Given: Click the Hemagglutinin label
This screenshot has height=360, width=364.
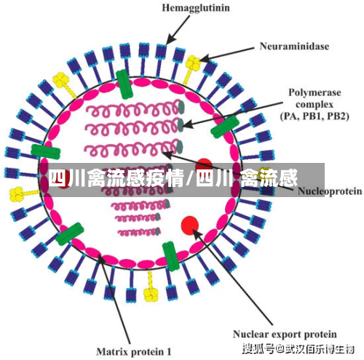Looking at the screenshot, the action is [196, 8].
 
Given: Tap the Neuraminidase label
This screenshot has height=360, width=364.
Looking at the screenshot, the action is [294, 46].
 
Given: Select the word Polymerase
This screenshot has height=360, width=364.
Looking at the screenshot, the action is [314, 92].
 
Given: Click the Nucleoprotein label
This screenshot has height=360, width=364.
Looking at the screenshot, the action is [330, 191].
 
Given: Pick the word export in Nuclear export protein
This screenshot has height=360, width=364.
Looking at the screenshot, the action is [287, 335].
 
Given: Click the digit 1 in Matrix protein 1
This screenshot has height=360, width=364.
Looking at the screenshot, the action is [169, 352].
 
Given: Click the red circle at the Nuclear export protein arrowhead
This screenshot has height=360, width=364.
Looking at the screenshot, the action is [190, 225].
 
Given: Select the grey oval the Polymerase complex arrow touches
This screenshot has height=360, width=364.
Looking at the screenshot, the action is [181, 124].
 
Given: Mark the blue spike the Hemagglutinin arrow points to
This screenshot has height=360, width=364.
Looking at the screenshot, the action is [160, 60].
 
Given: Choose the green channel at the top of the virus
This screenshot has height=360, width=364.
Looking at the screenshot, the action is [124, 84].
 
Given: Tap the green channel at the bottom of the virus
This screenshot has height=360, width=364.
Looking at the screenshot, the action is [171, 256].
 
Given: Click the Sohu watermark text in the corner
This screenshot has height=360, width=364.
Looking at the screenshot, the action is [298, 349].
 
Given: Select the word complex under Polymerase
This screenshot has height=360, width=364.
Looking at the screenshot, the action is [314, 105].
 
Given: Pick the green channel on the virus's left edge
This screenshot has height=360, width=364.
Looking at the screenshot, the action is [46, 152].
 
